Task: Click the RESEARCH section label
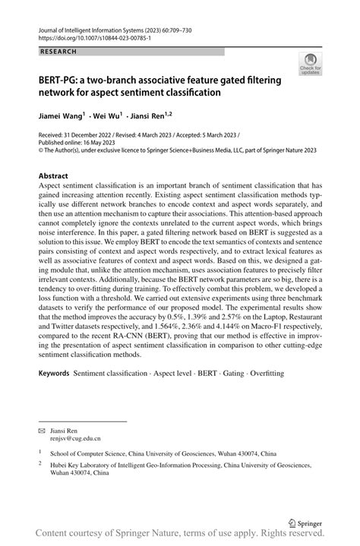[x=56, y=52]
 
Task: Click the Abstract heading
[x=58, y=175]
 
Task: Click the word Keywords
[x=54, y=374]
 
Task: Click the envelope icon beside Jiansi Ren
[x=42, y=429]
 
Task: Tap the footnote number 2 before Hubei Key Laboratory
[x=40, y=471]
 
